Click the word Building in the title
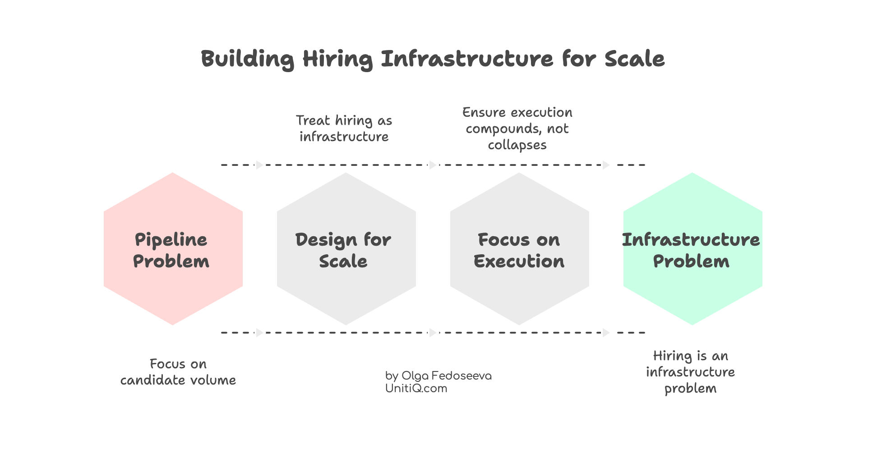tap(247, 59)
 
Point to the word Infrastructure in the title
tap(467, 59)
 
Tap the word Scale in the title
tap(634, 59)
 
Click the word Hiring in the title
tap(337, 59)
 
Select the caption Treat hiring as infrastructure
tap(344, 128)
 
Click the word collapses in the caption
tap(517, 145)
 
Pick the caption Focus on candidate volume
tap(178, 372)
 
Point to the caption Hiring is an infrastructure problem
tap(690, 372)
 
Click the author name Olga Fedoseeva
tap(446, 376)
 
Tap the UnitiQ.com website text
tap(416, 389)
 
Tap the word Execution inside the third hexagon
tap(519, 261)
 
